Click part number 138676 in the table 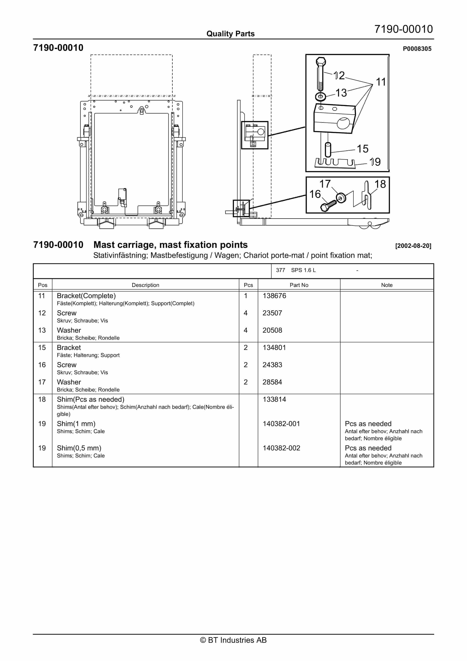click(x=274, y=296)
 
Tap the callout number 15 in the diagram click(x=362, y=149)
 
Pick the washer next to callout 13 click(x=320, y=96)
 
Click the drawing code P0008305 click(x=417, y=49)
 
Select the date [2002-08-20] click(x=413, y=246)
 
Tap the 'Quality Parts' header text click(x=230, y=34)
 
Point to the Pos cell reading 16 click(x=42, y=365)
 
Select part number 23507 click(x=272, y=313)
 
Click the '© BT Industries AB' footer click(x=233, y=640)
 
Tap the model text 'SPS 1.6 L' click(x=303, y=270)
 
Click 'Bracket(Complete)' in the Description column click(x=86, y=296)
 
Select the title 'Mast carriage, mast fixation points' click(x=171, y=245)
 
